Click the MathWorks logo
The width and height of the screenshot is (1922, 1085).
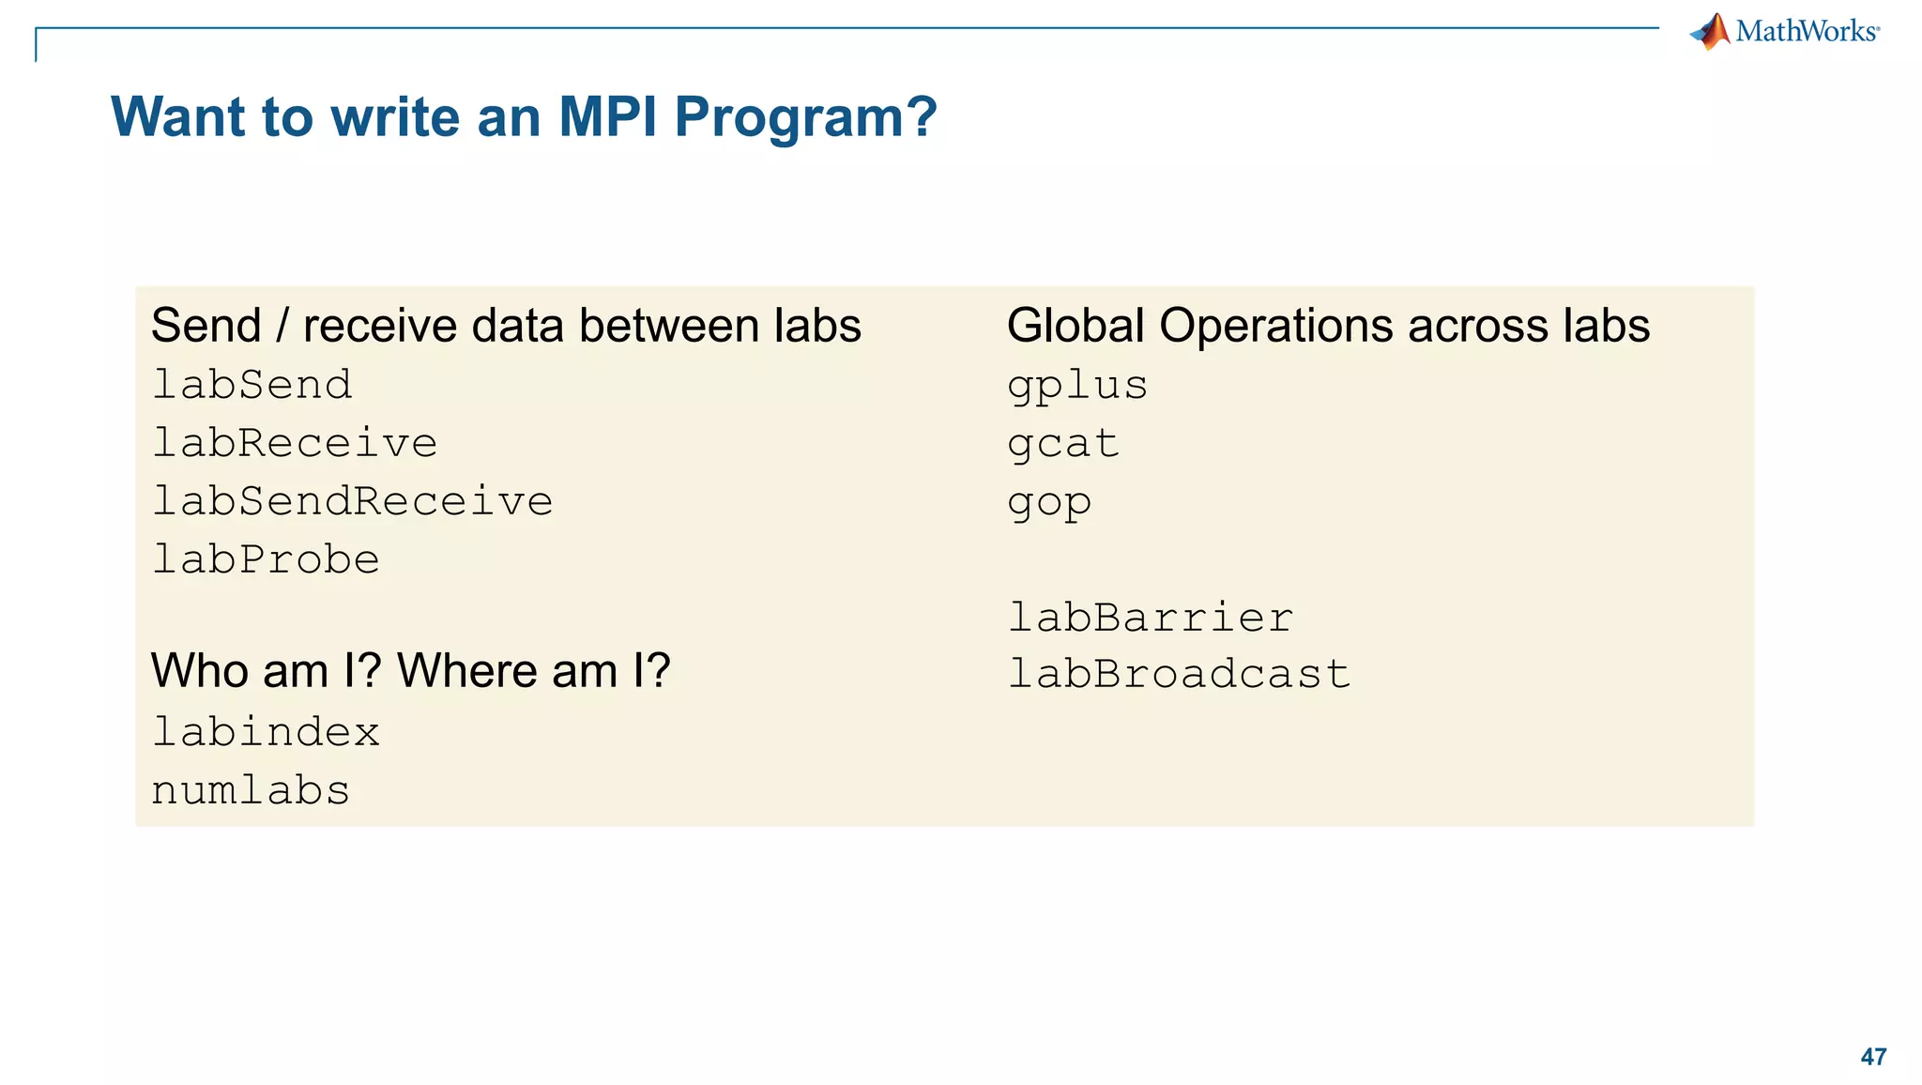[1785, 32]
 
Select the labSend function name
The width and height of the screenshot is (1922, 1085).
[252, 385]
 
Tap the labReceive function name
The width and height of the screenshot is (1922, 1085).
[295, 443]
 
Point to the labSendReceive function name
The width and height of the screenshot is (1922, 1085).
[352, 501]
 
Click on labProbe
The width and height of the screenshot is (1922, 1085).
[266, 559]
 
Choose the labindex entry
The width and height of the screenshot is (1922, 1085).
[266, 732]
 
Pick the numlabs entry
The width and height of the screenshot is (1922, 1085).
[251, 790]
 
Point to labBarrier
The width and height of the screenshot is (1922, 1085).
[1151, 618]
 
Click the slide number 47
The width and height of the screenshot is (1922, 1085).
[1873, 1057]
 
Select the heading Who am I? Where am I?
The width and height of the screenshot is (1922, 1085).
[410, 670]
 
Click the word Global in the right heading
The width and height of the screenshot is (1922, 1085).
[1075, 326]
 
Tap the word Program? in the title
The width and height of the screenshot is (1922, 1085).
[805, 117]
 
